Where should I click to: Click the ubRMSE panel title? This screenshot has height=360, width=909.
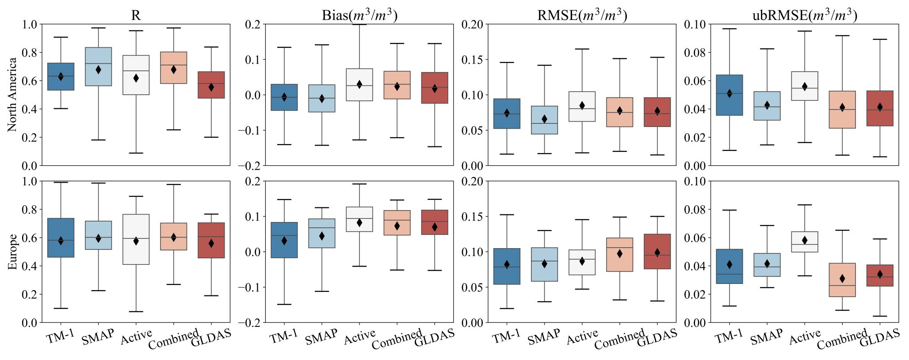[x=805, y=15]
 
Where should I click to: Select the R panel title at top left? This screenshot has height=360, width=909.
[x=136, y=15]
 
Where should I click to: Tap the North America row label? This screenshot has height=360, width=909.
[x=12, y=94]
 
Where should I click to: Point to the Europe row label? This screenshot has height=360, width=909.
[x=12, y=252]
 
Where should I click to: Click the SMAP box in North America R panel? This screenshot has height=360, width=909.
[x=98, y=66]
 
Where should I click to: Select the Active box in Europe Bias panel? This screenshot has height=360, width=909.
[x=359, y=219]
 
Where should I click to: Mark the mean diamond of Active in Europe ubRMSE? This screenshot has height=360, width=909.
[x=805, y=240]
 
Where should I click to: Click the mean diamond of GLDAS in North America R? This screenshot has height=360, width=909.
[x=211, y=87]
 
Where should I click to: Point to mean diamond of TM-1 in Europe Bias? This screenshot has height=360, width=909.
[x=284, y=241]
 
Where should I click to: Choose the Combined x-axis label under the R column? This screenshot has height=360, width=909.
[x=173, y=339]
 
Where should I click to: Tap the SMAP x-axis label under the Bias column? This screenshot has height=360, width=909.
[x=321, y=337]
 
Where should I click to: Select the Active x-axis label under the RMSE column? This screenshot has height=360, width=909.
[x=583, y=337]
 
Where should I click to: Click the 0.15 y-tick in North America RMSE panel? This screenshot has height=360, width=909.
[x=472, y=60]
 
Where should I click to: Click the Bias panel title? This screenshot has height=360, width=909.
[x=359, y=15]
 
